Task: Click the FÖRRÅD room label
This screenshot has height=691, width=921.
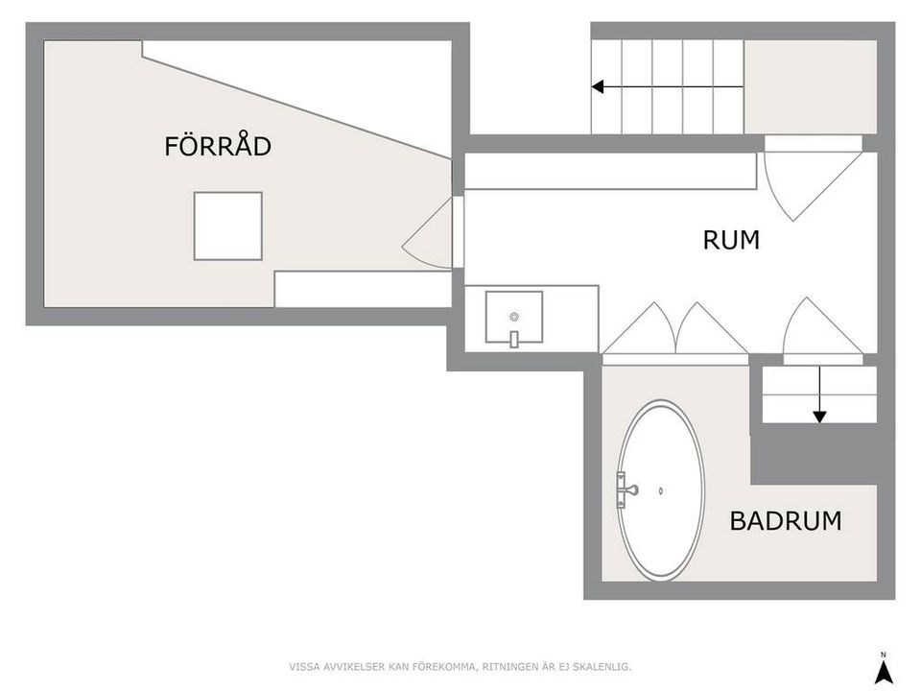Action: pyautogui.click(x=218, y=147)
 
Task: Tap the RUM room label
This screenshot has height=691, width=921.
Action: pyautogui.click(x=731, y=240)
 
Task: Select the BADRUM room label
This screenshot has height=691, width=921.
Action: pyautogui.click(x=785, y=521)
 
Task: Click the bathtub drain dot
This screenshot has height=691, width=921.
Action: pyautogui.click(x=661, y=491)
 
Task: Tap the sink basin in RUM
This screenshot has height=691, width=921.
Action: pyautogui.click(x=513, y=318)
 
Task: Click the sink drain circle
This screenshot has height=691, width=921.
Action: pyautogui.click(x=513, y=316)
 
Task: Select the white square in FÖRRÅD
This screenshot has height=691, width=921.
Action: pyautogui.click(x=227, y=226)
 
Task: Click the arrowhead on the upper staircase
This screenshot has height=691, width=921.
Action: pyautogui.click(x=597, y=87)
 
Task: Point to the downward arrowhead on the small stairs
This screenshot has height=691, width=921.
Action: pyautogui.click(x=819, y=417)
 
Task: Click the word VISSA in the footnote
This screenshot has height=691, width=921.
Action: pyautogui.click(x=305, y=666)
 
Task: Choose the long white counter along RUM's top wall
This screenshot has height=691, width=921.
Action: pyautogui.click(x=609, y=172)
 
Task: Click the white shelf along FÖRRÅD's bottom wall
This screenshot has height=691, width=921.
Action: pyautogui.click(x=363, y=289)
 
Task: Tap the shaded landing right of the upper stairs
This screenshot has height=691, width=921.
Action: pyautogui.click(x=810, y=86)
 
